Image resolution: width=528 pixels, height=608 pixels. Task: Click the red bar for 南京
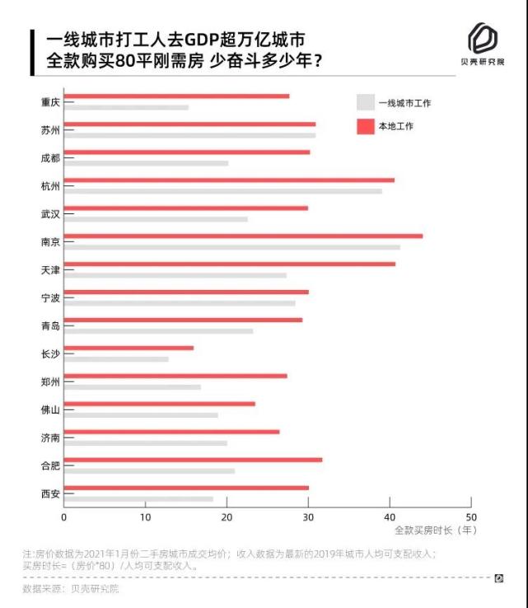tap(243, 236)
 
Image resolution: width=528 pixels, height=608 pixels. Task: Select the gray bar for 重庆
tap(126, 107)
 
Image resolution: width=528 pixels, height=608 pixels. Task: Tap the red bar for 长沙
tap(128, 348)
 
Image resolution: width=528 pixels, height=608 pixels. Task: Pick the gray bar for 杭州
tap(222, 191)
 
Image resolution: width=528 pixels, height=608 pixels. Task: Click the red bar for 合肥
tap(193, 460)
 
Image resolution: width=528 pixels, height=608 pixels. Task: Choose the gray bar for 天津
tap(175, 275)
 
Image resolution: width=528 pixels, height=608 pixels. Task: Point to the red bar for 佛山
tap(159, 404)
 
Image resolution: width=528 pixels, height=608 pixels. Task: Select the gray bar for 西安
tap(138, 499)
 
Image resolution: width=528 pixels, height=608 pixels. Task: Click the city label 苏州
tap(50, 130)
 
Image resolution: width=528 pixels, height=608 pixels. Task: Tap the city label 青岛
tap(50, 325)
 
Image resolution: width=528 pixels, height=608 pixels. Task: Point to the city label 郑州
tap(50, 381)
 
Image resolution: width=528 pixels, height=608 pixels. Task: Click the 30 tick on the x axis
tap(308, 517)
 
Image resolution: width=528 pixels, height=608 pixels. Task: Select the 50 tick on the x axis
tap(471, 517)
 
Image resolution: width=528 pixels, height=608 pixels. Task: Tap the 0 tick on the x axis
tap(63, 517)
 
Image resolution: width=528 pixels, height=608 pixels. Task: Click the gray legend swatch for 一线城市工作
tap(365, 103)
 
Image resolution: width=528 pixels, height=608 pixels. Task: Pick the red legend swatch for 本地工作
tap(365, 126)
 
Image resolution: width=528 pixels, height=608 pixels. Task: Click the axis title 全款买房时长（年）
tap(435, 531)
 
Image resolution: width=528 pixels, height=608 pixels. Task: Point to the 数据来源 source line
tap(71, 589)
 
